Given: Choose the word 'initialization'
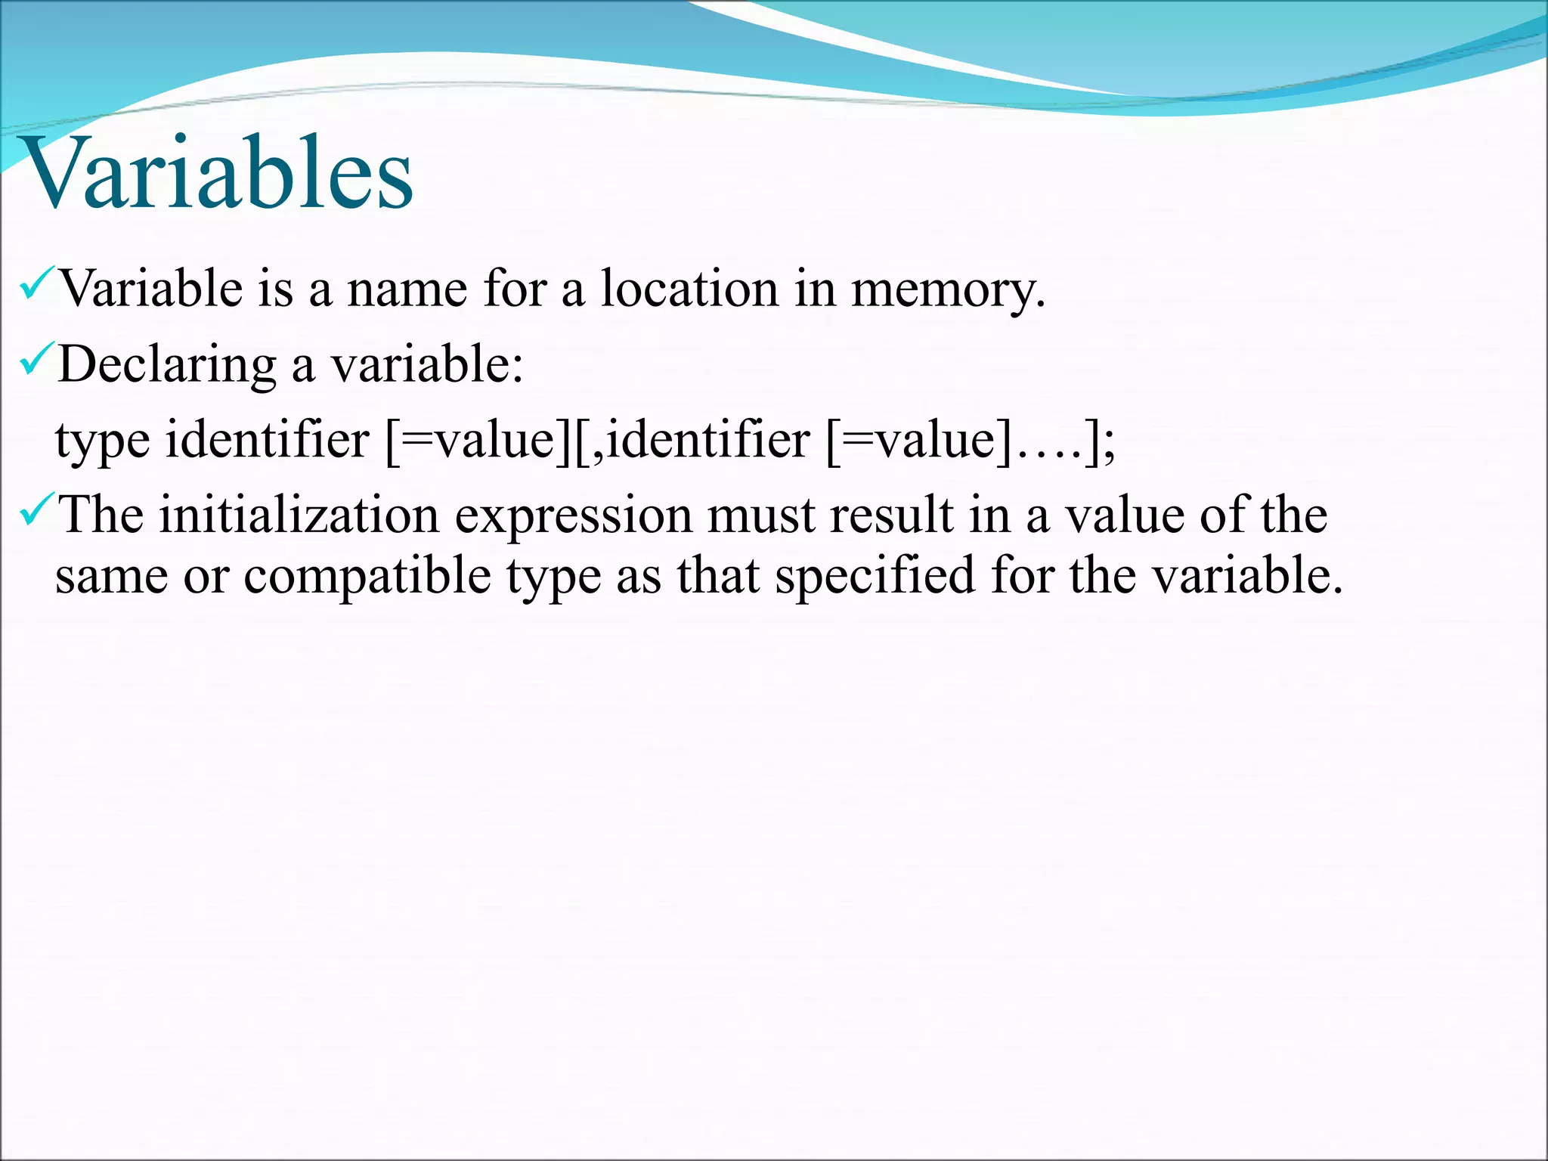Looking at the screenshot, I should tap(299, 515).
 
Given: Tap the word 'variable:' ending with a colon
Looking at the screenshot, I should tap(428, 365).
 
